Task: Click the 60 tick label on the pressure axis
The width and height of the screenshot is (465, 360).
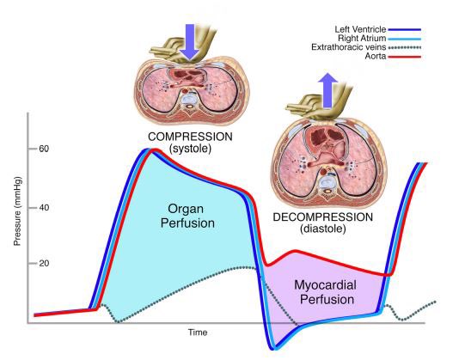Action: [x=44, y=149]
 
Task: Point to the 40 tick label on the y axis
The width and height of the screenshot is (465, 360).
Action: [x=44, y=208]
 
